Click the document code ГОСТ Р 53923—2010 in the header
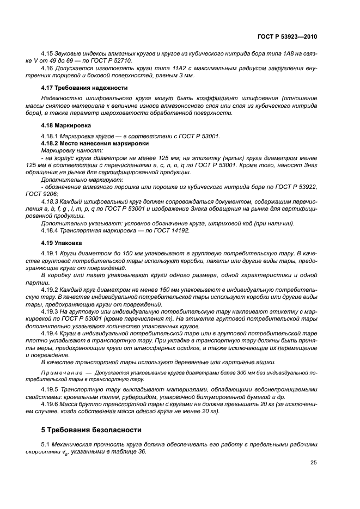[x=287, y=36]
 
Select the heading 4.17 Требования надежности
[x=84, y=88]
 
